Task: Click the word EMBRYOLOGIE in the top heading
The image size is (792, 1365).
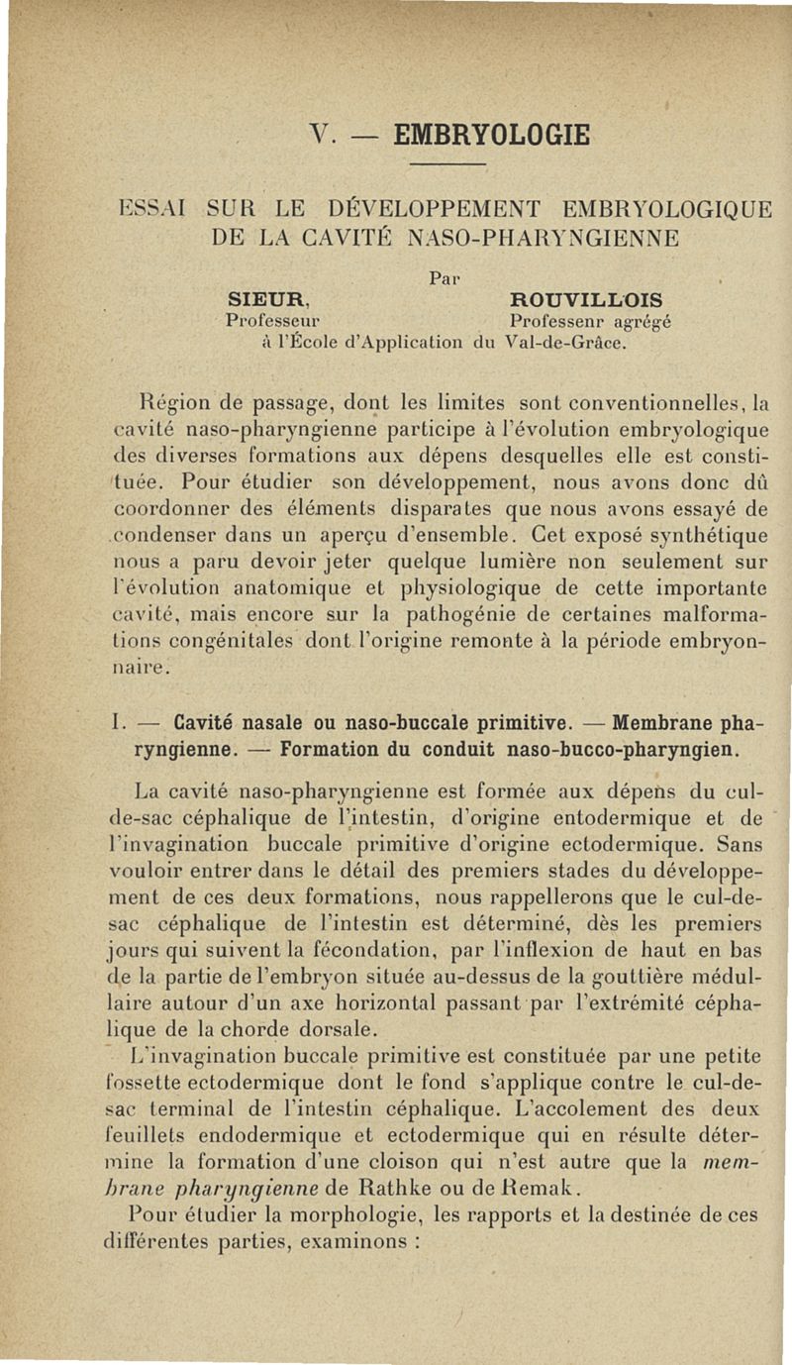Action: [490, 134]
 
